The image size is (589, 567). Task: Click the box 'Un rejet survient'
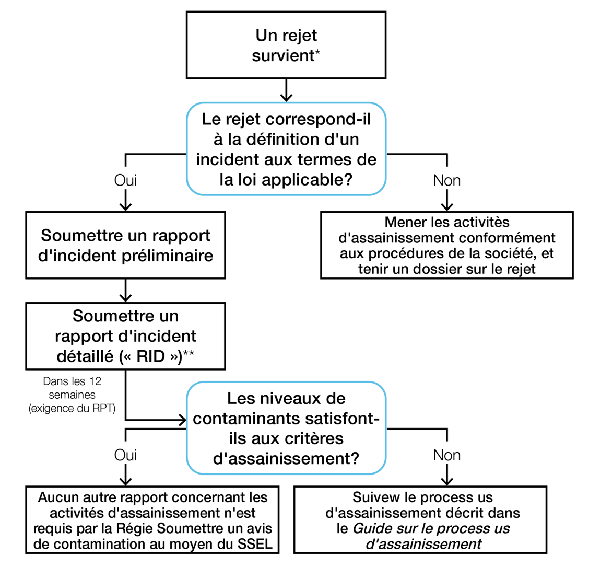[x=286, y=45]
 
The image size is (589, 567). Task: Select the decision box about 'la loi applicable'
[x=286, y=149]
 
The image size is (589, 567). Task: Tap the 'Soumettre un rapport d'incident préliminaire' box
[x=125, y=245]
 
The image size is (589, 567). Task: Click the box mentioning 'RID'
[x=125, y=336]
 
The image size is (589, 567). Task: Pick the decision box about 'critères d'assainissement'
[x=286, y=429]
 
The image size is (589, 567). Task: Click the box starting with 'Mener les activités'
[x=446, y=245]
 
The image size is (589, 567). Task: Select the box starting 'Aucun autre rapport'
[x=152, y=520]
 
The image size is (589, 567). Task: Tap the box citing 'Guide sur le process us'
[x=420, y=520]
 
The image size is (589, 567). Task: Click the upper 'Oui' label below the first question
[x=125, y=181]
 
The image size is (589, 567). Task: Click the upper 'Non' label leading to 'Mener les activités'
[x=446, y=181]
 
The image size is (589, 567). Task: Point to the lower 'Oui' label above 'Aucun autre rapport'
[x=125, y=455]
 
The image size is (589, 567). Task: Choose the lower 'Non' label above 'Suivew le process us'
[x=446, y=455]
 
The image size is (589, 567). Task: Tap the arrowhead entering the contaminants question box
[x=182, y=420]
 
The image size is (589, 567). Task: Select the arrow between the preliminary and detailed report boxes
[x=125, y=291]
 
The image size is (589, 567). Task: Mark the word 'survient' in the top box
[x=282, y=55]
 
